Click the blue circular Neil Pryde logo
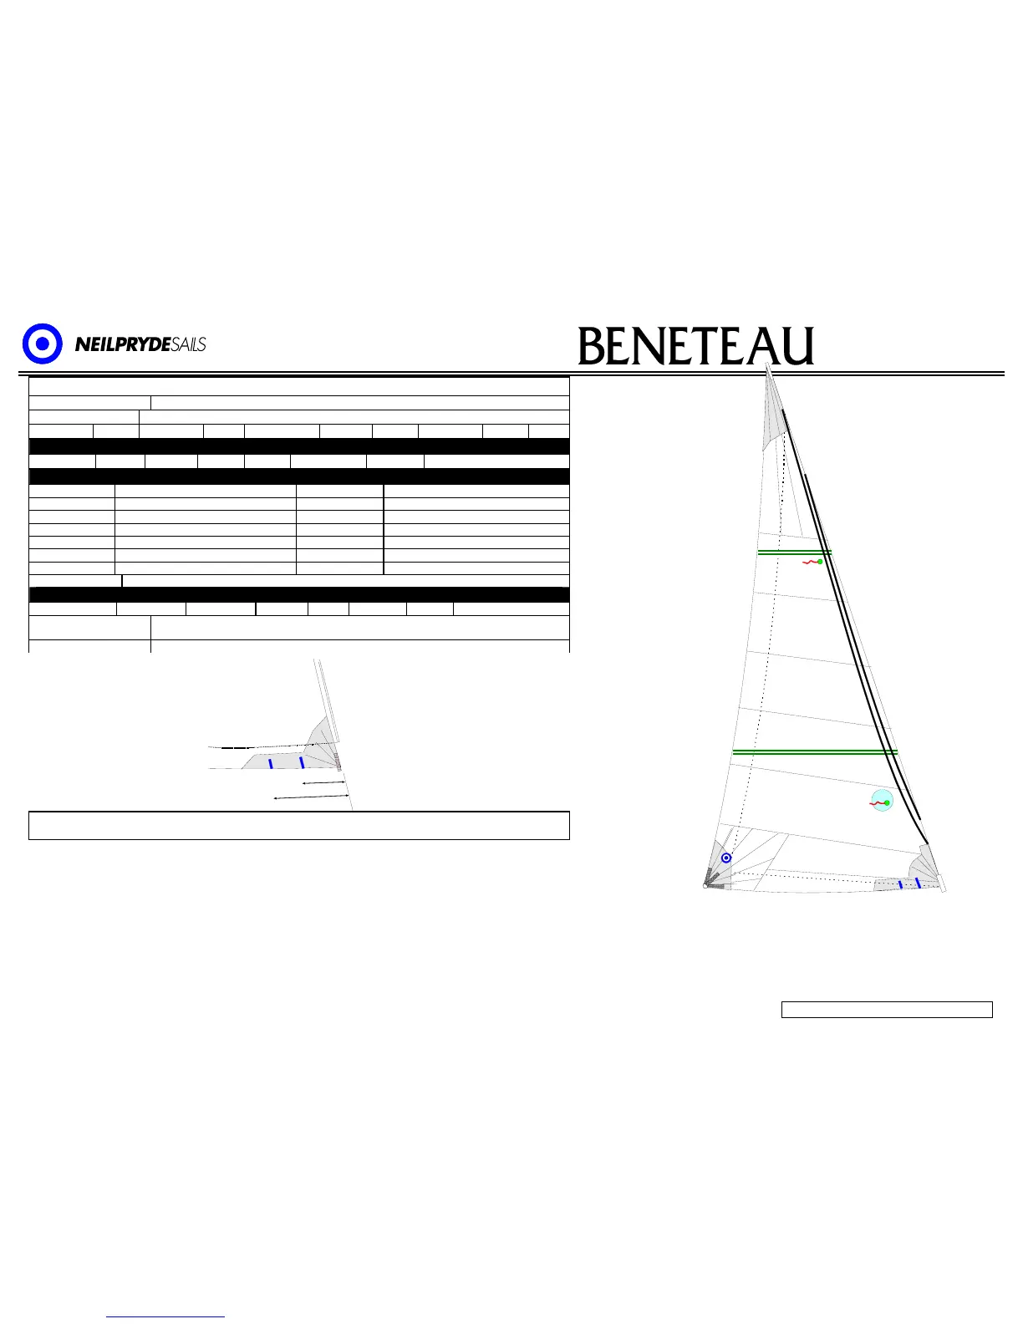pyautogui.click(x=42, y=344)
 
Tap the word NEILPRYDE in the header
pyautogui.click(x=123, y=344)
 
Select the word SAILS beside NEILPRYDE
pyautogui.click(x=188, y=344)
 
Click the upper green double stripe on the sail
pyautogui.click(x=794, y=553)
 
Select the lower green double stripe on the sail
pyautogui.click(x=815, y=752)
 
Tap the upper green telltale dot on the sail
pyautogui.click(x=820, y=562)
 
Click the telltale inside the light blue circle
pyautogui.click(x=883, y=802)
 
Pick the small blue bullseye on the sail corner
pyautogui.click(x=726, y=858)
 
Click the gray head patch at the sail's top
pyautogui.click(x=774, y=422)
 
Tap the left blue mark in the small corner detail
pyautogui.click(x=271, y=763)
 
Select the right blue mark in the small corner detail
pyautogui.click(x=302, y=761)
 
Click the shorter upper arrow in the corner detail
pyautogui.click(x=323, y=783)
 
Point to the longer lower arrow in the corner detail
pyautogui.click(x=311, y=797)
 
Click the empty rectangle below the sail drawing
pyautogui.click(x=887, y=1010)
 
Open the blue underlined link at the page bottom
pyautogui.click(x=166, y=1316)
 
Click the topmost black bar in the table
pyautogui.click(x=299, y=446)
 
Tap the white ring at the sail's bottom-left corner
pyautogui.click(x=706, y=886)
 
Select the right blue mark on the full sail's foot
pyautogui.click(x=918, y=883)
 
